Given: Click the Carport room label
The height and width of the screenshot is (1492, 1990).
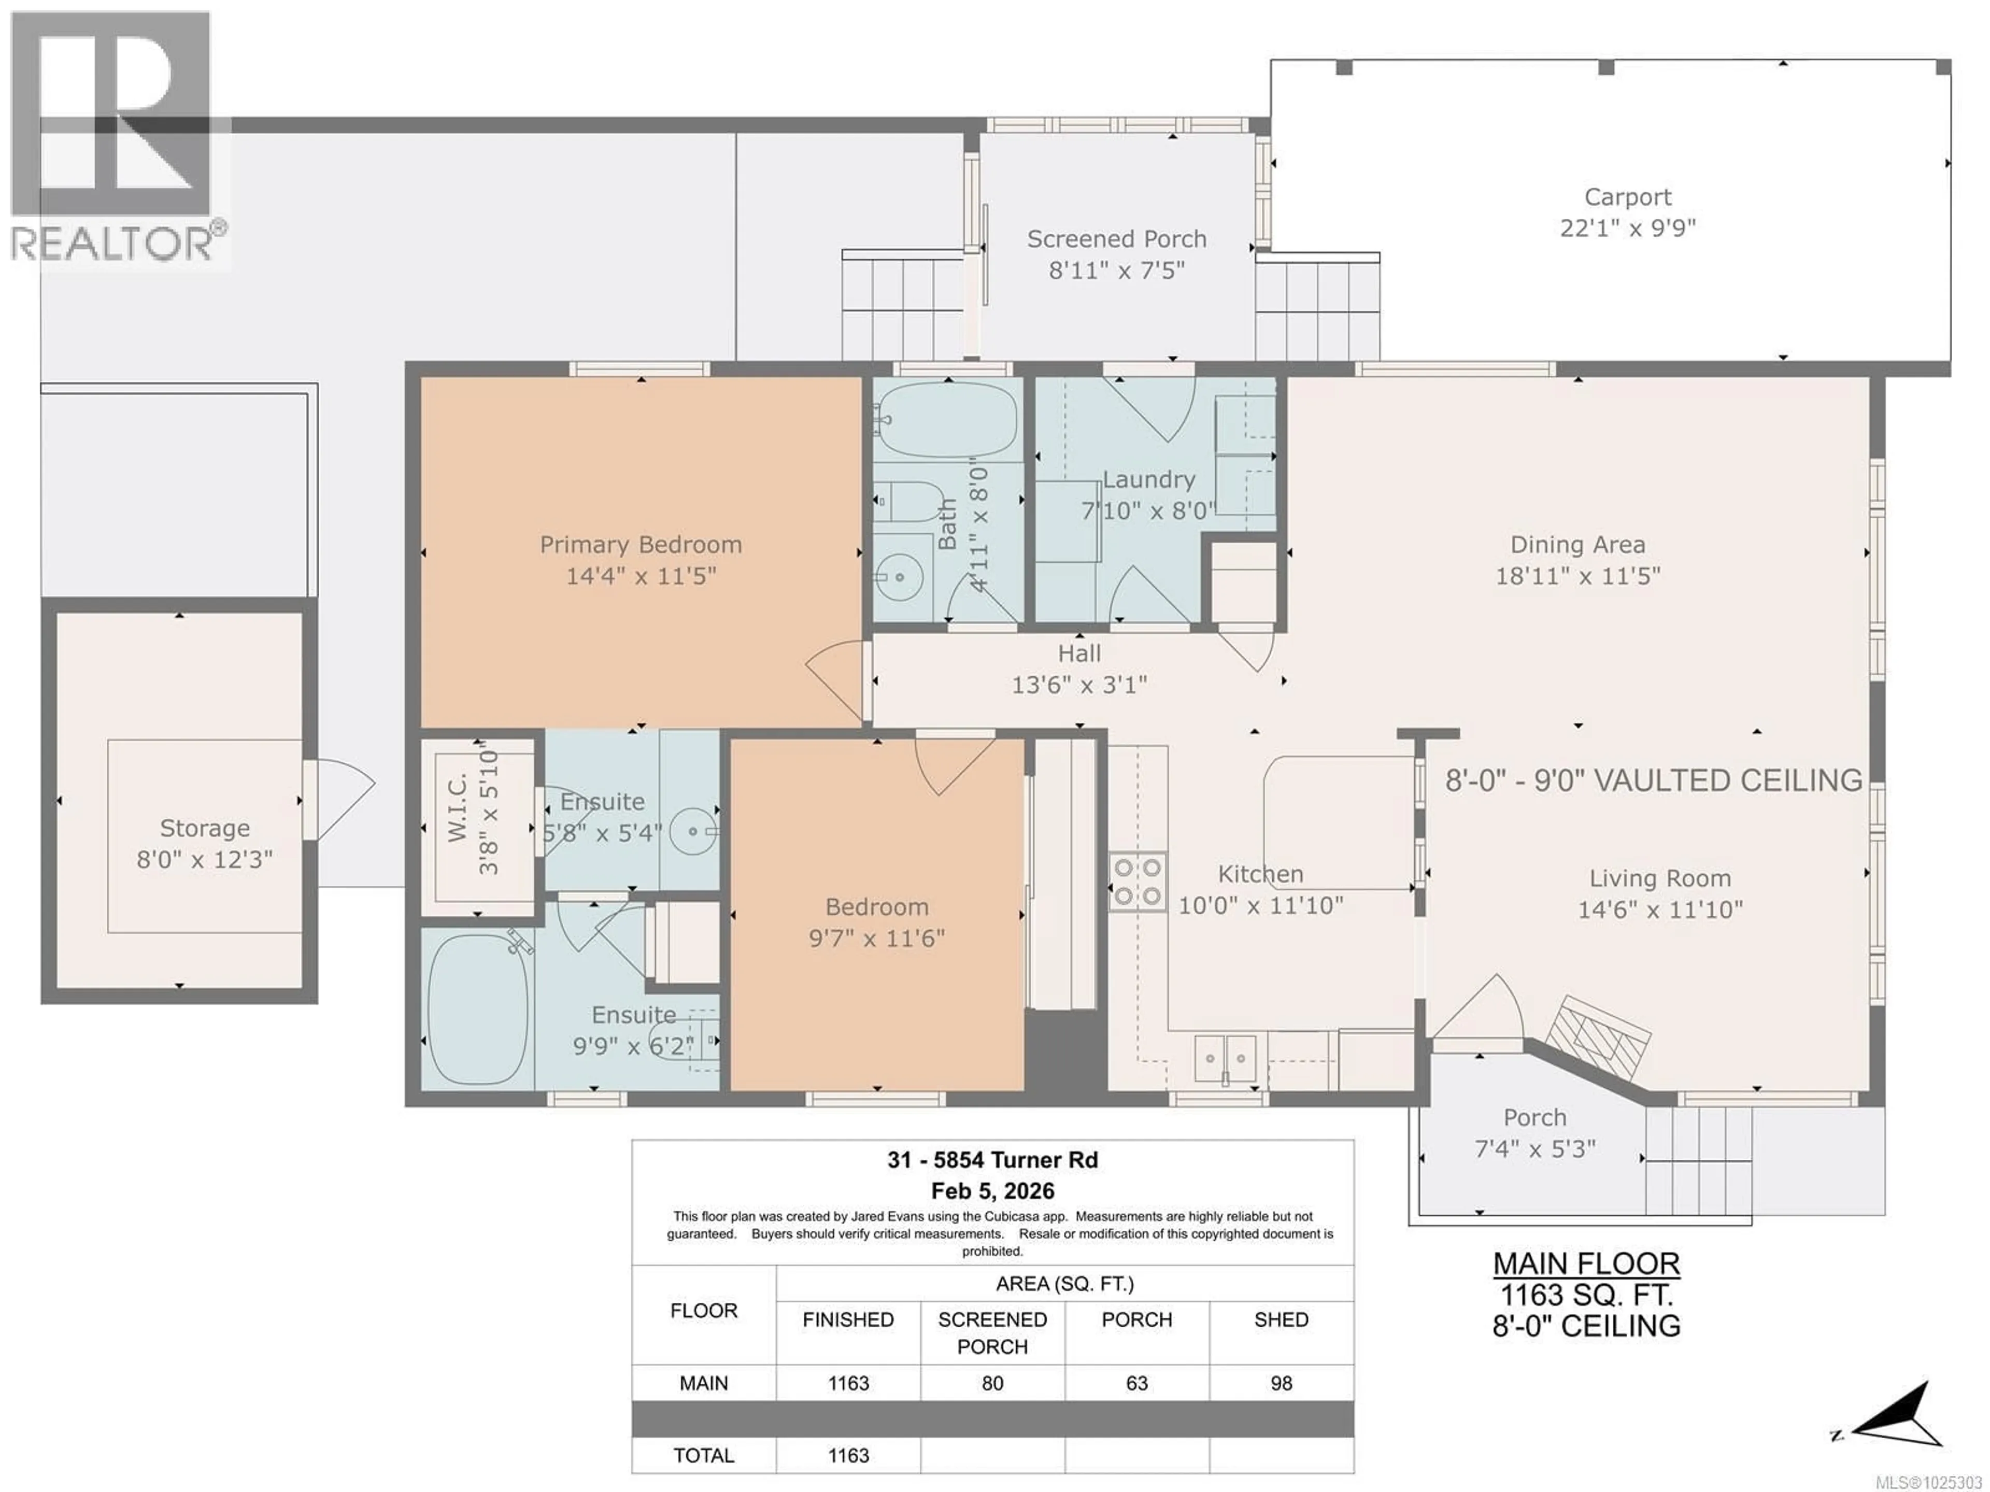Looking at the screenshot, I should coord(1627,197).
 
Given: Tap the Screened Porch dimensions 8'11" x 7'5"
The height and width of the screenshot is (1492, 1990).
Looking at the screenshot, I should coord(1116,270).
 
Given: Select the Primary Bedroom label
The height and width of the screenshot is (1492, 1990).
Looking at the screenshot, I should coord(641,545).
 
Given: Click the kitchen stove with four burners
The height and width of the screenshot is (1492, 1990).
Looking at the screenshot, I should coord(1137,882).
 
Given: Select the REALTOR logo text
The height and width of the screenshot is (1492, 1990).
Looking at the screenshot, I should coord(112,243).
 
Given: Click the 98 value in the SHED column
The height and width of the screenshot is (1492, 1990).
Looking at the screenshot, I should coord(1281,1383).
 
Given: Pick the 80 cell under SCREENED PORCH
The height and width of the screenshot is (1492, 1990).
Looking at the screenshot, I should coord(992,1383).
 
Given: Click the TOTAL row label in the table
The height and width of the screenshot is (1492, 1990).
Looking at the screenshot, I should coord(704,1455).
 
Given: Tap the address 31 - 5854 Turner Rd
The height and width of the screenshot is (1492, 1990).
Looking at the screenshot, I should coord(992,1160).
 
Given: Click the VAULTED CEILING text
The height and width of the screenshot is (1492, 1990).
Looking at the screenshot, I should coord(1727,780).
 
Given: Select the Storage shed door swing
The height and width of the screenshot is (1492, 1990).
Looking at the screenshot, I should coord(342,797).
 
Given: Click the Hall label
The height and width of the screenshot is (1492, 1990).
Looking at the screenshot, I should coord(1078,653).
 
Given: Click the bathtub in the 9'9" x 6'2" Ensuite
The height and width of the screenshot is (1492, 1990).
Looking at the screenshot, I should coord(477,1008).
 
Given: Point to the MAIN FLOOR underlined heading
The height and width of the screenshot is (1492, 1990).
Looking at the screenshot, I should coord(1586,1263).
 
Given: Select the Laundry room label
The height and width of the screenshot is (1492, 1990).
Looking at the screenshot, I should coord(1149,480).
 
